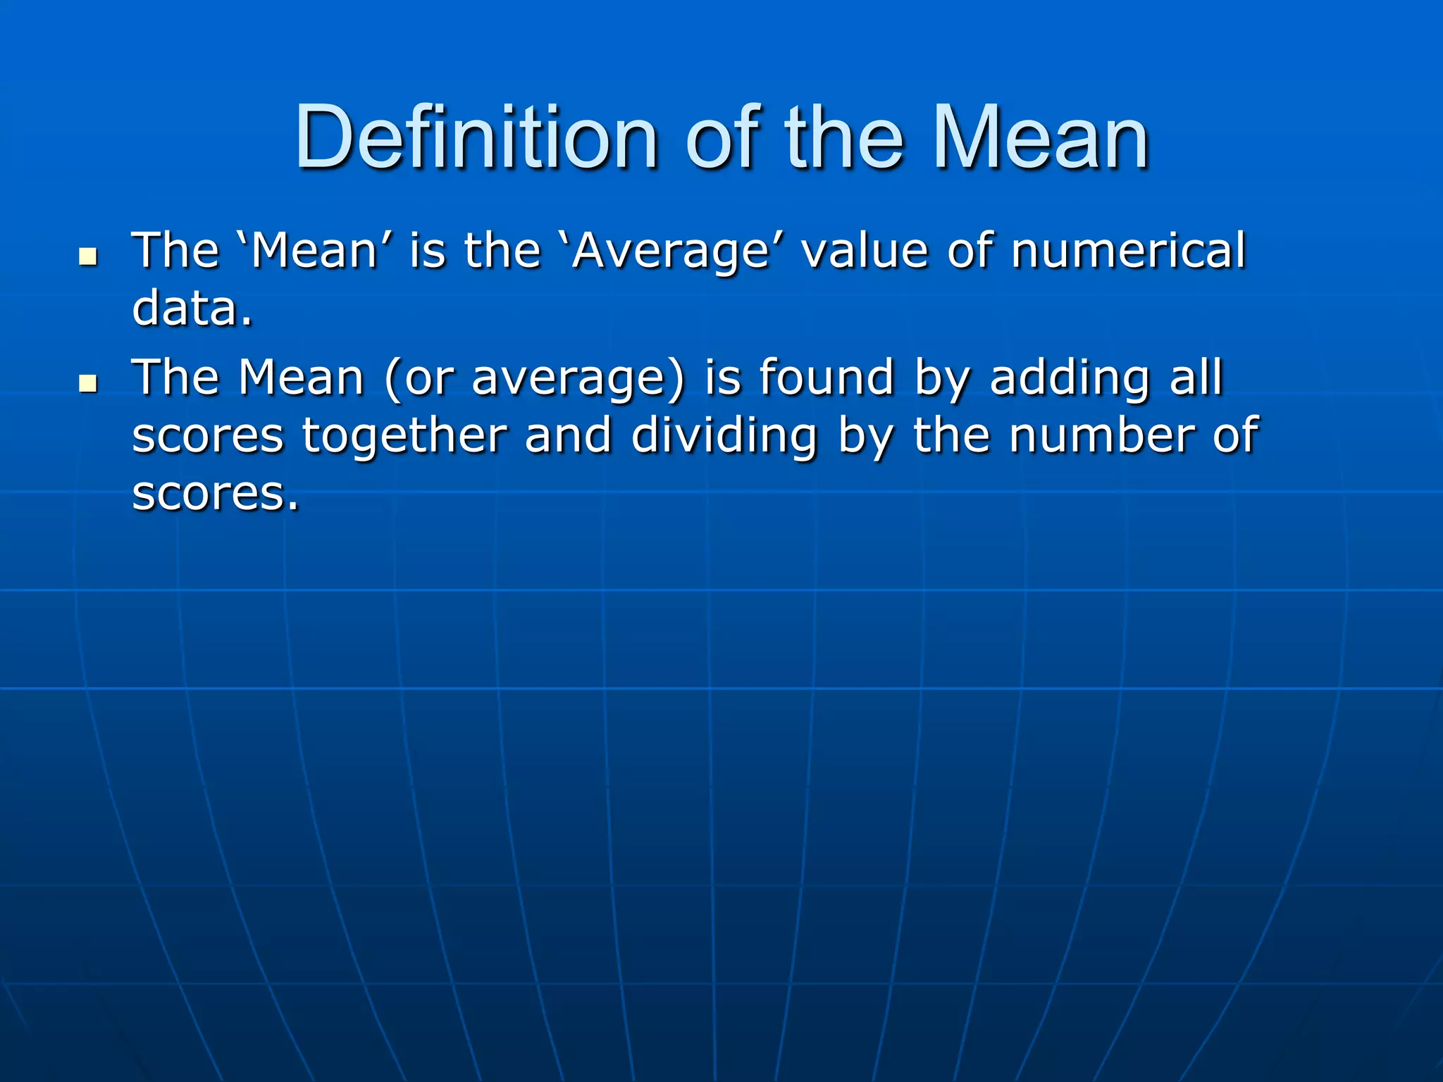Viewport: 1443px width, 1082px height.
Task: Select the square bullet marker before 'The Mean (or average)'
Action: click(x=88, y=384)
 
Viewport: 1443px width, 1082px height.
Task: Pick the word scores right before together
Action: click(x=208, y=437)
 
